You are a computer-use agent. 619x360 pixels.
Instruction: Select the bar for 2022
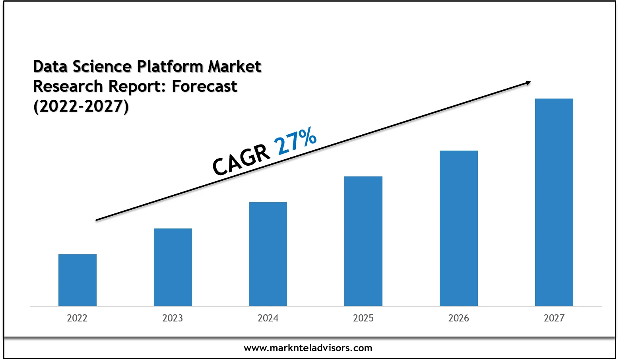tap(78, 280)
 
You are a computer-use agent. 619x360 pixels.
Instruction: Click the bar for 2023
tap(173, 267)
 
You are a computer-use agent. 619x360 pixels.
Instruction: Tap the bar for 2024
tap(268, 254)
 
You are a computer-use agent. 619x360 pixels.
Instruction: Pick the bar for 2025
tap(363, 241)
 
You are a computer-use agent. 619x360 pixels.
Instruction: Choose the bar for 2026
tap(459, 228)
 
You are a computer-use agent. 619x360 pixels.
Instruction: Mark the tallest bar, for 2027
tap(554, 202)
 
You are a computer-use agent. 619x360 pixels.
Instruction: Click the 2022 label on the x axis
tap(77, 318)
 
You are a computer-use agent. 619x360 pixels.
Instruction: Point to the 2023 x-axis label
tap(173, 318)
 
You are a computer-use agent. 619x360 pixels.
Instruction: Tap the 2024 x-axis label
tap(268, 318)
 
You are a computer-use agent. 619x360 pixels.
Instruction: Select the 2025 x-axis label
tap(363, 318)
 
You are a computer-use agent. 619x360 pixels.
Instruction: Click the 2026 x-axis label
tap(459, 318)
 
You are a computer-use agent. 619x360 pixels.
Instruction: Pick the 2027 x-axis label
tap(554, 318)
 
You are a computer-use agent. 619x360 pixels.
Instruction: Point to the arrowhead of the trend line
tap(528, 83)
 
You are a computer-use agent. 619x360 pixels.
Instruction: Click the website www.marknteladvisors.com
tap(308, 348)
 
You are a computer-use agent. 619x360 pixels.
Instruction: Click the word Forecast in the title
tap(204, 86)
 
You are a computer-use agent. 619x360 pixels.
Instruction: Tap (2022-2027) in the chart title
tap(81, 106)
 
